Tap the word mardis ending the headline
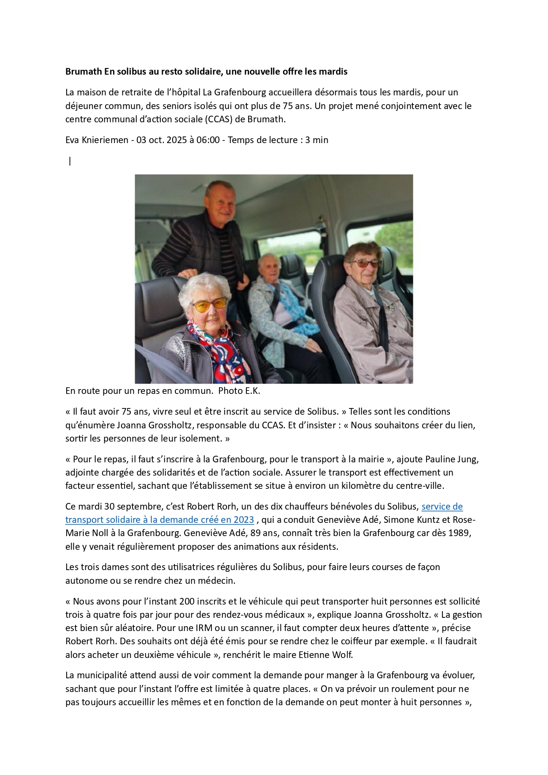coord(334,72)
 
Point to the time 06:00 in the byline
coord(208,140)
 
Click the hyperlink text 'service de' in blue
coord(442,507)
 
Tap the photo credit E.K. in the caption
coord(252,391)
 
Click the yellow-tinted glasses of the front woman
coord(209,305)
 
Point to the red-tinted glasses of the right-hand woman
coord(365,264)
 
